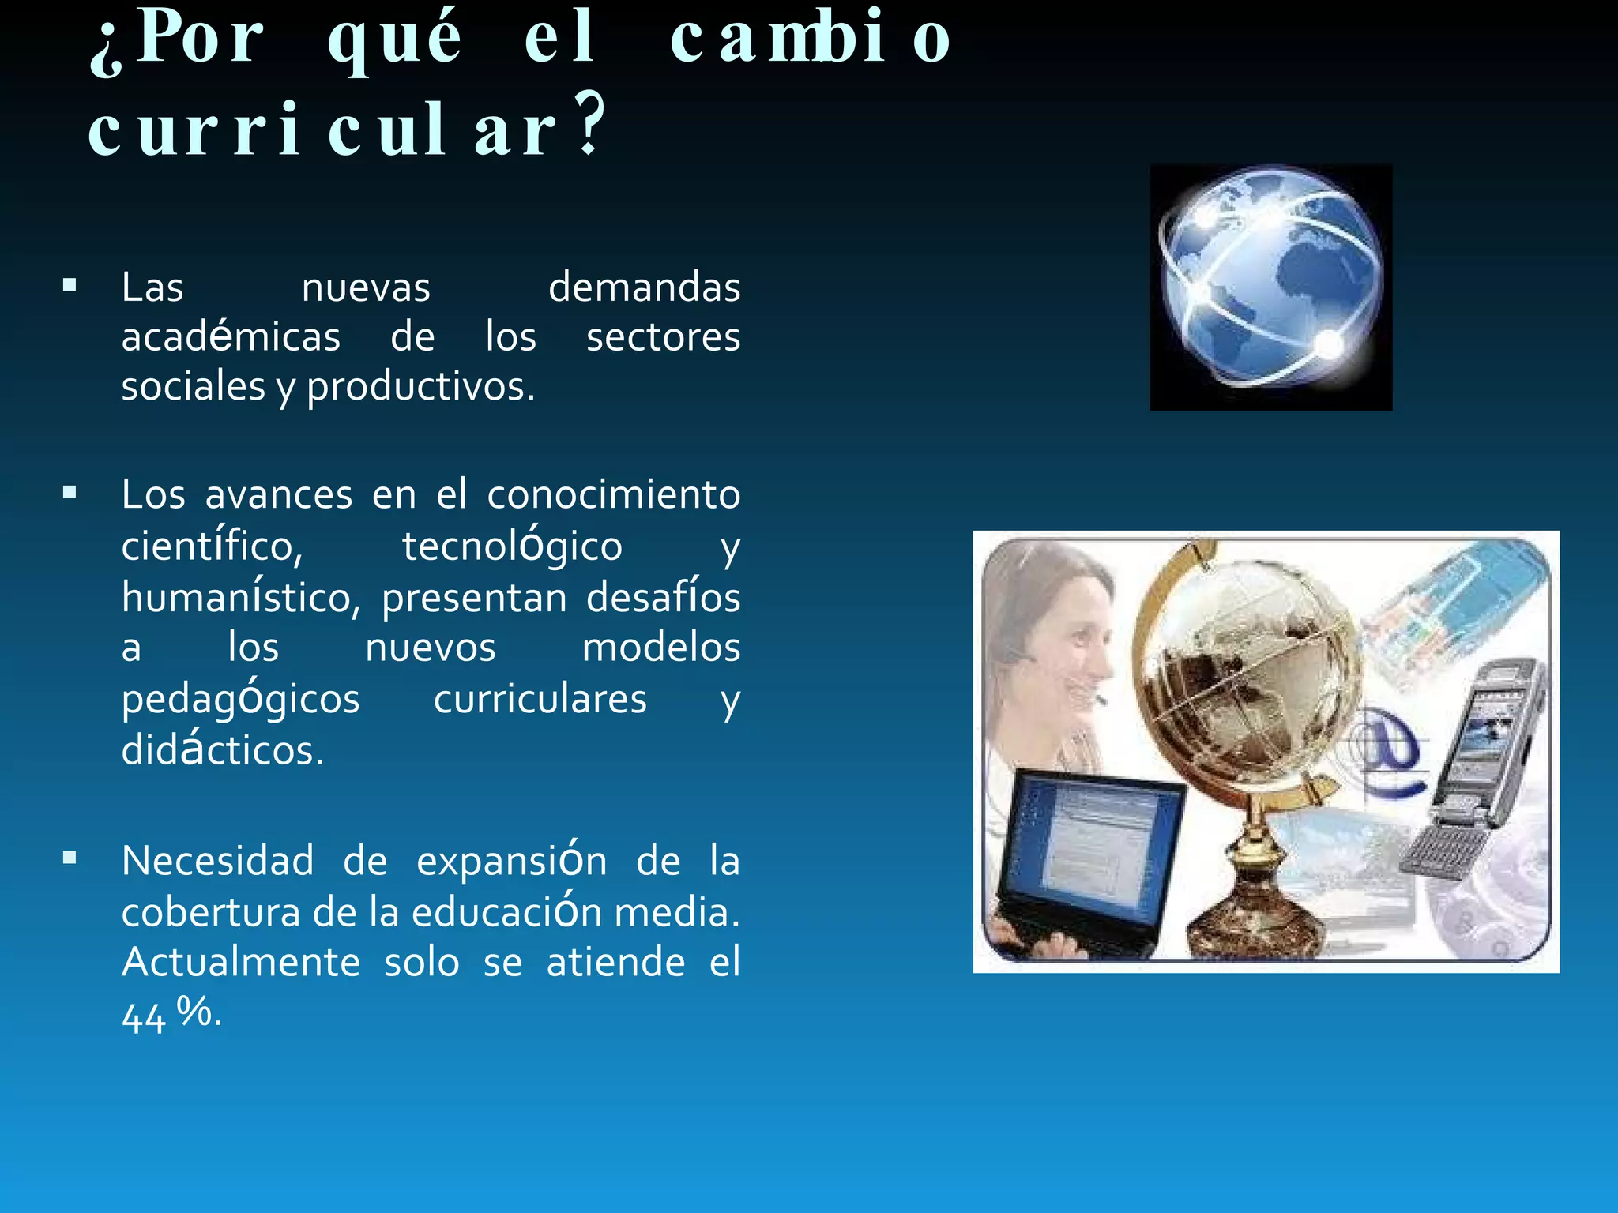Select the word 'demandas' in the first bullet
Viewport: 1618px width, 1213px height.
tap(644, 287)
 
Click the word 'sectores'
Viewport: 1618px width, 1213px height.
tap(663, 337)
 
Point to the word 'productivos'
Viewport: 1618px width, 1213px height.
tap(420, 387)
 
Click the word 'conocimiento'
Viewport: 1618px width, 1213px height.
tap(613, 495)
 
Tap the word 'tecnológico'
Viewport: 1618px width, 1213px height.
tap(512, 546)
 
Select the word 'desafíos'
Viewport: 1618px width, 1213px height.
tap(663, 597)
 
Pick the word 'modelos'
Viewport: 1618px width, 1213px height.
tap(660, 648)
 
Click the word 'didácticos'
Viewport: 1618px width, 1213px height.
tap(222, 749)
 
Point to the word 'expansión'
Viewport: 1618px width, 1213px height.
tap(511, 860)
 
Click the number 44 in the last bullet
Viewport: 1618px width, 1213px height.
tap(143, 1017)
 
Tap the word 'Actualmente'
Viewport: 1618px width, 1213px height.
tap(241, 962)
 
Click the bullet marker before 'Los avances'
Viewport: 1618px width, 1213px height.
tap(70, 494)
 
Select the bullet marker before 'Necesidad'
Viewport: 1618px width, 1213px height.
tap(70, 858)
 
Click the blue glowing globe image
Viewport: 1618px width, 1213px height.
tap(1270, 287)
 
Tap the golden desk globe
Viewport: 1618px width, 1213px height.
tap(1248, 711)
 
